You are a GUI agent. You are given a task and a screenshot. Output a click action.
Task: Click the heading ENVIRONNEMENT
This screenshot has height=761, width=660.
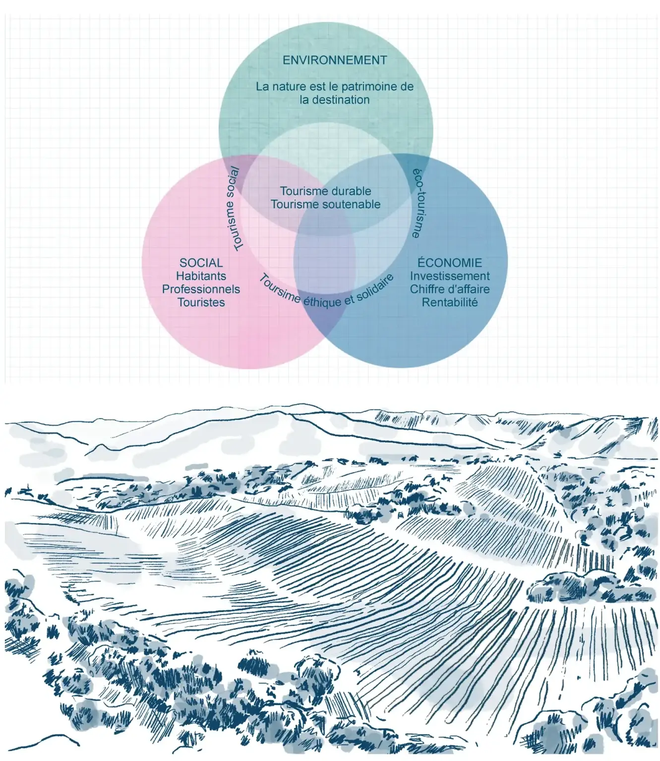[335, 60]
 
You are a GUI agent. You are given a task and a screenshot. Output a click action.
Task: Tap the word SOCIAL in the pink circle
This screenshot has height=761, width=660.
[201, 263]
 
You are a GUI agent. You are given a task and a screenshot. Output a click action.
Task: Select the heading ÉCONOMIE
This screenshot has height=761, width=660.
[449, 263]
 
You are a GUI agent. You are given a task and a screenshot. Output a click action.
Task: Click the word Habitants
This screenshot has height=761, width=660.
[201, 276]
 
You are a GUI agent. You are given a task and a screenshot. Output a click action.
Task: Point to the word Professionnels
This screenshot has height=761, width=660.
[201, 289]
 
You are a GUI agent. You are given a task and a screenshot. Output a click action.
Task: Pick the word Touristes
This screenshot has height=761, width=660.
[201, 302]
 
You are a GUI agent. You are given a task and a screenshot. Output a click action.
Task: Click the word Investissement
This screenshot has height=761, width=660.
[449, 276]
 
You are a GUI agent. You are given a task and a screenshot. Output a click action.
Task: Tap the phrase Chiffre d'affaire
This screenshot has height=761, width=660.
[449, 289]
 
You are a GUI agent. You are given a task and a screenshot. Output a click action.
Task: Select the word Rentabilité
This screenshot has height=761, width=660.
[449, 302]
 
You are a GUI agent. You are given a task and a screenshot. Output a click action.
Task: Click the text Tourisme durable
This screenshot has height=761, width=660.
[325, 191]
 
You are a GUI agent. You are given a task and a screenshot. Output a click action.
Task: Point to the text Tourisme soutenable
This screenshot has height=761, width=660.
[325, 204]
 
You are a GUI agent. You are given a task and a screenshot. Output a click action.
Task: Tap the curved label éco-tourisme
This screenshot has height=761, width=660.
[419, 203]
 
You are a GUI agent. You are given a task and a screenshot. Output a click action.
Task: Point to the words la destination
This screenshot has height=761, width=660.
[335, 100]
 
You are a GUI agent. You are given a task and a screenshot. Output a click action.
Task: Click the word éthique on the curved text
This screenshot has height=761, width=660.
[322, 301]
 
